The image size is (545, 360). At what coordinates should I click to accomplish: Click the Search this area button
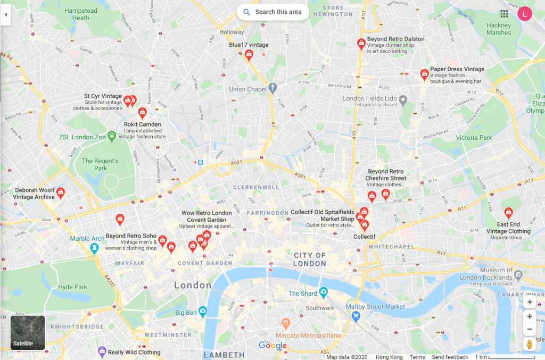pos(273,12)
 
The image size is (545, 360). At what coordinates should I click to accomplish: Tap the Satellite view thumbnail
pos(28,332)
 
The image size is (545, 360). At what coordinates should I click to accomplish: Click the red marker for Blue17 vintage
pos(249,54)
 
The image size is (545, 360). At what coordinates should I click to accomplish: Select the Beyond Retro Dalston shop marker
pos(361,43)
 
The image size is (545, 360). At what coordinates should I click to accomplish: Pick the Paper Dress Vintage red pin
pos(424,73)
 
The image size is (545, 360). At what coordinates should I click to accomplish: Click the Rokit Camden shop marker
pos(142,112)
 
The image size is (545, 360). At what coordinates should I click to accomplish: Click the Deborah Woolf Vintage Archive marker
pos(61,192)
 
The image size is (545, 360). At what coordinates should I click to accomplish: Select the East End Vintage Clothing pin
pos(508,213)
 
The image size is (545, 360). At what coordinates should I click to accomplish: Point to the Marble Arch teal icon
pos(94,248)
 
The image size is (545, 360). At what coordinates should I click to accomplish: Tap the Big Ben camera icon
pos(202,311)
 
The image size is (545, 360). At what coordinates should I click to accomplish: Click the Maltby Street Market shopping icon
pos(356,316)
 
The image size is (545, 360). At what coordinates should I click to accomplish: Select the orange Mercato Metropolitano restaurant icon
pos(286,323)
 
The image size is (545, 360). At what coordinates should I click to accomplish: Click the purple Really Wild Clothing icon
pos(102,351)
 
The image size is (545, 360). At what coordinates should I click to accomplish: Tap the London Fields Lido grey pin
pos(403,98)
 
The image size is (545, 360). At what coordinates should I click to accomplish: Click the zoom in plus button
pos(529,316)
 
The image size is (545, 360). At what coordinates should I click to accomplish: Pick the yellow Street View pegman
pos(529,345)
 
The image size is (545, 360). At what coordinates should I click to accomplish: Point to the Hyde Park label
pos(73,287)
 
